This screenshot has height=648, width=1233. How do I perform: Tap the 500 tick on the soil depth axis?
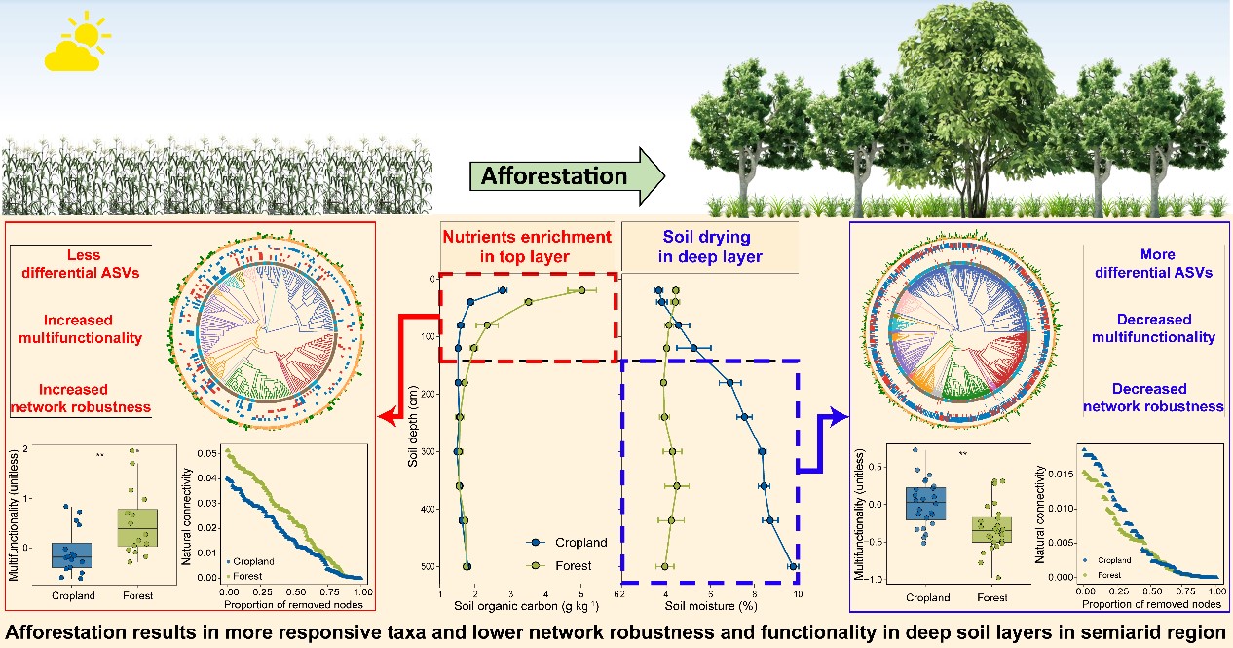tap(430, 566)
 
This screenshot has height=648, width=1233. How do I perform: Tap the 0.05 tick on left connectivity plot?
tap(212, 454)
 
